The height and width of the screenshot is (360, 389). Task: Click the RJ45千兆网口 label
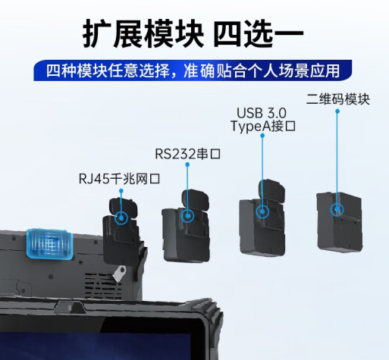pyautogui.click(x=121, y=179)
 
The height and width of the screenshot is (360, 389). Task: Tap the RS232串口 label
pyautogui.click(x=187, y=155)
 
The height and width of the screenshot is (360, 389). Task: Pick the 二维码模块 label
pyautogui.click(x=337, y=100)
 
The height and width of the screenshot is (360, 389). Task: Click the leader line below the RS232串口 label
pyautogui.click(x=187, y=186)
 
